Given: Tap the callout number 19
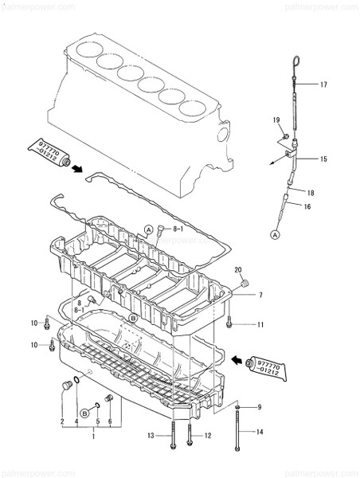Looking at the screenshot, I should (x=276, y=120).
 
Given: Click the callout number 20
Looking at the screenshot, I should (x=237, y=271).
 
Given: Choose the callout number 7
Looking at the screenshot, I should (x=260, y=296).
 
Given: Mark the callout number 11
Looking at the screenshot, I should (x=260, y=325).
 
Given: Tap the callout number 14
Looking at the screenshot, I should (x=259, y=432).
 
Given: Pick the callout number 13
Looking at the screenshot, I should (x=151, y=436).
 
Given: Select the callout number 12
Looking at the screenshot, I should (x=208, y=436).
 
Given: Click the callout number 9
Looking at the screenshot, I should (x=259, y=407).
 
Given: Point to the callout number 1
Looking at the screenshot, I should (x=93, y=437).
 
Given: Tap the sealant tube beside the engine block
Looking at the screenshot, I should (x=46, y=149).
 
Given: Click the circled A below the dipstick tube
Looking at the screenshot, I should (x=276, y=235).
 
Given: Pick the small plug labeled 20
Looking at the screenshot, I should (x=245, y=284).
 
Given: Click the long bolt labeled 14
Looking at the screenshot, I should (x=237, y=434).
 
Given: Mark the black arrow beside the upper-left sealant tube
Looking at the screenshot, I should (x=77, y=167).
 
